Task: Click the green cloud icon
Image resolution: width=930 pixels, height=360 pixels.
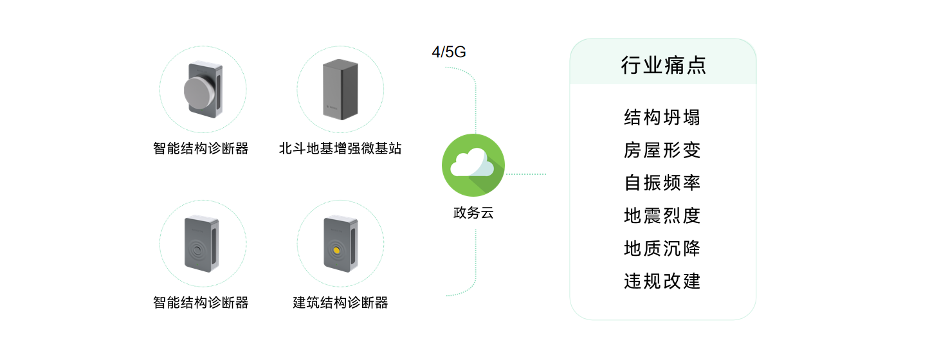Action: (x=473, y=166)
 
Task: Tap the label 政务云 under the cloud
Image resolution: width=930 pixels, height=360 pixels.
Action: (x=473, y=213)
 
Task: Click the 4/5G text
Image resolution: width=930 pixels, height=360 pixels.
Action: (x=448, y=53)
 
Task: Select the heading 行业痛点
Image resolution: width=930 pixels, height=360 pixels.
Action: (x=663, y=66)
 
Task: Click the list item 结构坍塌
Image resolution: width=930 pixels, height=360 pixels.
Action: (x=662, y=118)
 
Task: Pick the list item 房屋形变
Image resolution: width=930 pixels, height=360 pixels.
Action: (x=662, y=150)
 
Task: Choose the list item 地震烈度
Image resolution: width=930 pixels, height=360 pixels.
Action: (x=662, y=215)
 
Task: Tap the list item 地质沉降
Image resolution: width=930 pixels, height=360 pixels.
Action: (x=662, y=248)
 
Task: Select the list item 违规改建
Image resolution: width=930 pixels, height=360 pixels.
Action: (x=662, y=281)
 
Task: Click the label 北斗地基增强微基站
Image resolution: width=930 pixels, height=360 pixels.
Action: (x=340, y=148)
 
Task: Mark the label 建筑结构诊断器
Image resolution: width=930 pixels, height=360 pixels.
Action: (x=340, y=303)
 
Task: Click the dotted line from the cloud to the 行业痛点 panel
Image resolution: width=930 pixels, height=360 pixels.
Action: (x=525, y=174)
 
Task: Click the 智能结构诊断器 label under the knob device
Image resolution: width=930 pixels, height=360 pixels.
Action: (x=201, y=148)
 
